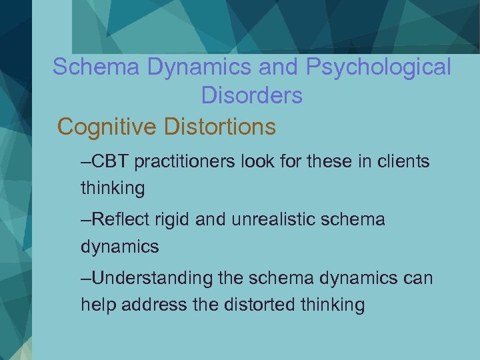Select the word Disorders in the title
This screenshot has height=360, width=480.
[x=251, y=96]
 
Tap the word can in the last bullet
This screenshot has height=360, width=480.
[x=418, y=278]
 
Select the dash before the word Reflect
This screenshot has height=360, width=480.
[x=86, y=220]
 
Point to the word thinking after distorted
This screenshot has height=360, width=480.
[x=332, y=305]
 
